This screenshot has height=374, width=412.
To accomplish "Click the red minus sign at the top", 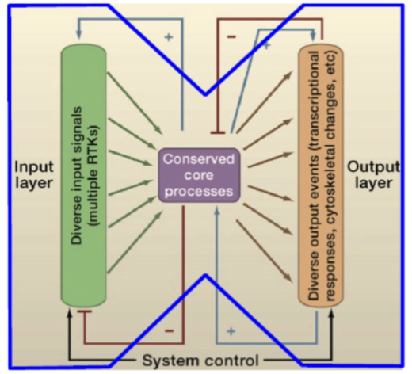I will point(231,37).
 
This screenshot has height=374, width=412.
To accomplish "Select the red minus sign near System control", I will point(169,329).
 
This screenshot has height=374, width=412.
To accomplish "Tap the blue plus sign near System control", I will point(231,329).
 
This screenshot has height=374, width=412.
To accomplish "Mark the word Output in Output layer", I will point(374,168).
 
